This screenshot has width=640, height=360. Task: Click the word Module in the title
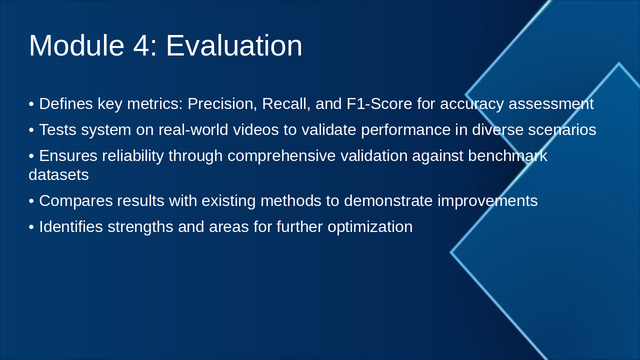[76, 45]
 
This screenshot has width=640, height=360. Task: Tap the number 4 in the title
[141, 45]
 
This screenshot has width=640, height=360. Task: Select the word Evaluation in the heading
[234, 45]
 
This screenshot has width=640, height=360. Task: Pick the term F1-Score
[379, 103]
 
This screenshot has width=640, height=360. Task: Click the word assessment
[551, 104]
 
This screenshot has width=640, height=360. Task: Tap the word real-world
[193, 129]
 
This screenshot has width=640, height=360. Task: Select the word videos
[255, 129]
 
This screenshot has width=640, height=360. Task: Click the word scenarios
[562, 130]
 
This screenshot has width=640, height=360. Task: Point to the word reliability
[133, 156]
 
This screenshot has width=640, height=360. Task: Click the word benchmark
[507, 156]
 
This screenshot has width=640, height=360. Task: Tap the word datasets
[59, 175]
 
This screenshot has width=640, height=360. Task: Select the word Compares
[76, 201]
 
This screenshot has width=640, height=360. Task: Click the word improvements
[487, 201]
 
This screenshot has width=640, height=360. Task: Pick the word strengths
[140, 227]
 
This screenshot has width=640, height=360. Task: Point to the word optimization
[370, 227]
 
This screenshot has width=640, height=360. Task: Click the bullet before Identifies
[31, 227]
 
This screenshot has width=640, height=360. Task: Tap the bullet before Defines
[31, 104]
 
